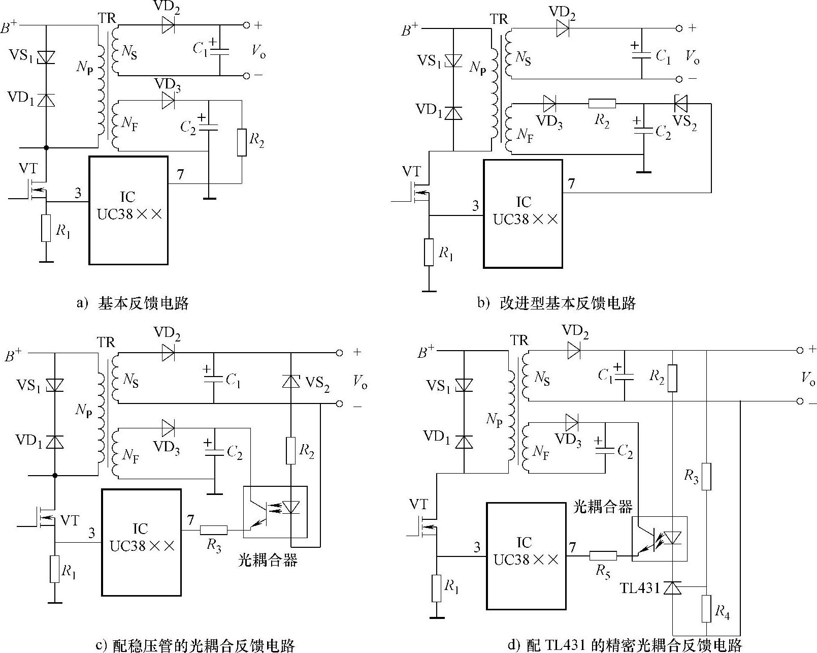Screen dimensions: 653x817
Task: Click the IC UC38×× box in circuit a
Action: pos(128,210)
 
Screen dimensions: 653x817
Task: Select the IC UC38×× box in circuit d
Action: pos(526,555)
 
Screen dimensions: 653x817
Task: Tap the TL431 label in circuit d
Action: pos(639,588)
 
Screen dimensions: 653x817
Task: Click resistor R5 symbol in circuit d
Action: pos(603,555)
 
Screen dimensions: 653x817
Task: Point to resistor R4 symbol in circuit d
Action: pos(706,609)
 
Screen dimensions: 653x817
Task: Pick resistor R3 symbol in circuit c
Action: pos(214,530)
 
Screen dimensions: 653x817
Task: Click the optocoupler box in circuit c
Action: pos(275,512)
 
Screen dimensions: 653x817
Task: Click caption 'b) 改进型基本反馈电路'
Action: pos(557,303)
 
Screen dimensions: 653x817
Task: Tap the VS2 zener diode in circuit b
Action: pos(680,104)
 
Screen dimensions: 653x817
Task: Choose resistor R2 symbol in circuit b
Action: pos(602,104)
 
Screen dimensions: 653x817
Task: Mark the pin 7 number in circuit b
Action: pos(572,183)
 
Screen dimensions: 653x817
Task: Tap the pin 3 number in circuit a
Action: pos(78,193)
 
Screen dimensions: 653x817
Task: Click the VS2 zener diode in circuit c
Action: pos(291,381)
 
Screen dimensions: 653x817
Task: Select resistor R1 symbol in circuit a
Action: pos(46,228)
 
